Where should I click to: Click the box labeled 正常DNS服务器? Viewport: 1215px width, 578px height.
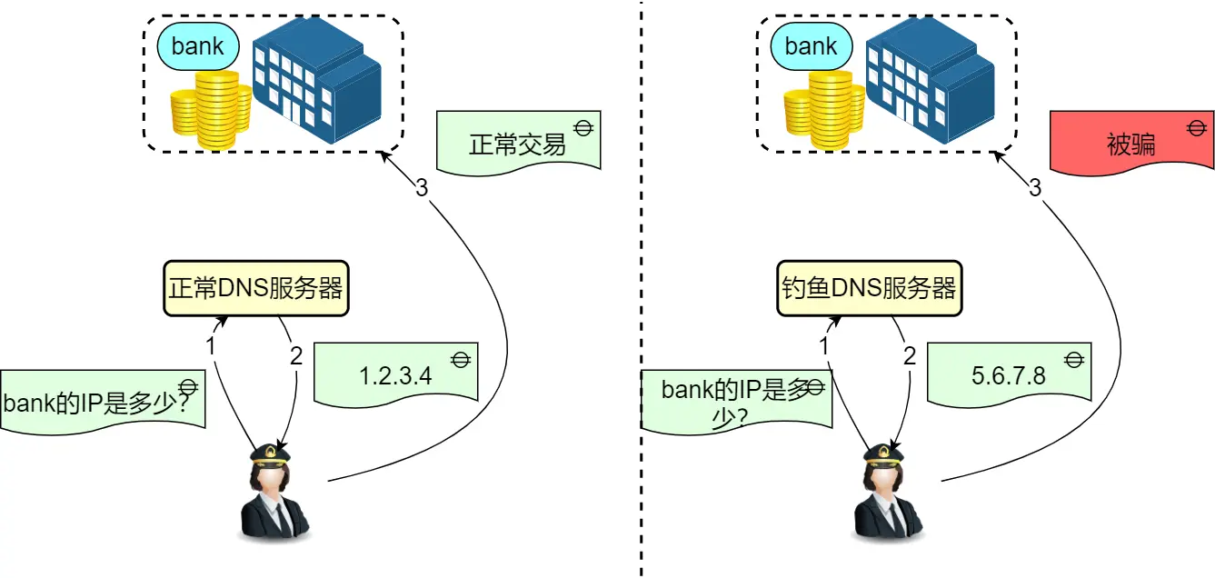click(256, 289)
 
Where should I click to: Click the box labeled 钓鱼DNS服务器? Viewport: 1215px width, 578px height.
click(870, 289)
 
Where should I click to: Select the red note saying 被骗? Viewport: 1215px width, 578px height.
click(1131, 142)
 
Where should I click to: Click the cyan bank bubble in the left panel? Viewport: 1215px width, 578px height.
click(197, 46)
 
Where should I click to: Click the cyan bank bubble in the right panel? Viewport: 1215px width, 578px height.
click(811, 46)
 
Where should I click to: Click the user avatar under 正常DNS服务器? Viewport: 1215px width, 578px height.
click(272, 495)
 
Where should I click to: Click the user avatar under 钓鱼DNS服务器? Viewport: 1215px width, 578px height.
click(886, 495)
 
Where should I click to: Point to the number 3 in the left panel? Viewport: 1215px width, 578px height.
click(422, 188)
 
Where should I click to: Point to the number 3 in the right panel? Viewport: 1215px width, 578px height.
click(1035, 188)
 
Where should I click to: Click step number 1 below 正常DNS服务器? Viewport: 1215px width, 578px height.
click(210, 346)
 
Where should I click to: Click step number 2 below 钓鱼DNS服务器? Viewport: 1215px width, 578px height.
click(910, 356)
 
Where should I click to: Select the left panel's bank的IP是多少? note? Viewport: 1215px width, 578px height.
click(102, 401)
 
